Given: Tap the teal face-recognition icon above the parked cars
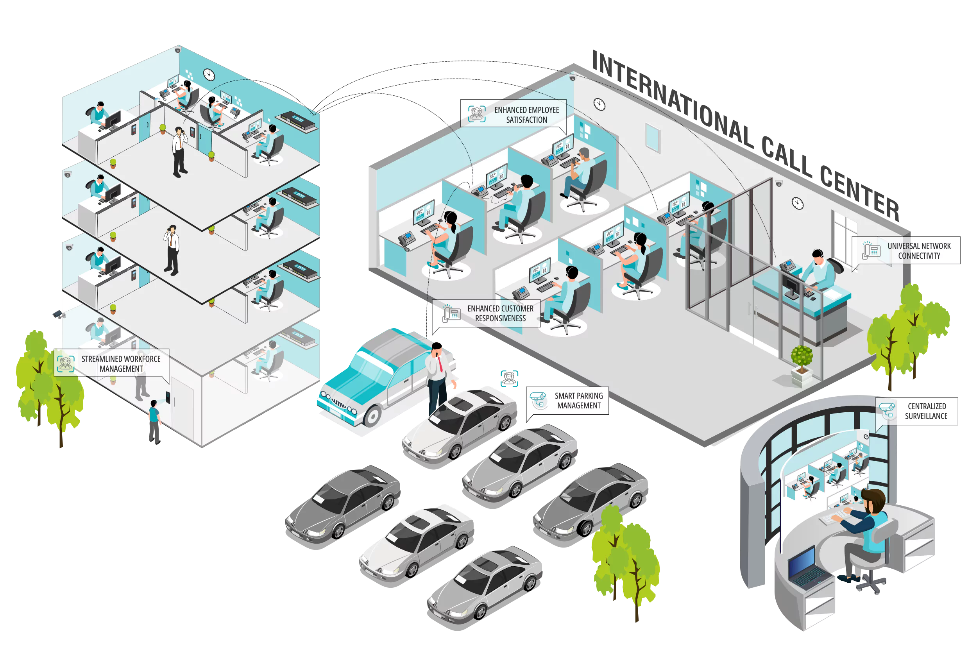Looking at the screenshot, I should click(509, 378).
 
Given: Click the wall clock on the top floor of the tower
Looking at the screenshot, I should click(209, 75).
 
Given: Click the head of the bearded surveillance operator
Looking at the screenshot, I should click(874, 502).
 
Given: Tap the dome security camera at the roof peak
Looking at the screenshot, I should click(573, 78).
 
